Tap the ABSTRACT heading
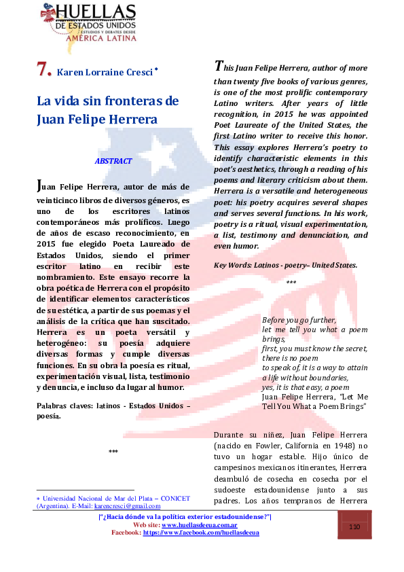113,161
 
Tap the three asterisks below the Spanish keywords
113,452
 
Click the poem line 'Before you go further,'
299,319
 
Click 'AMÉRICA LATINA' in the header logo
101,38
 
